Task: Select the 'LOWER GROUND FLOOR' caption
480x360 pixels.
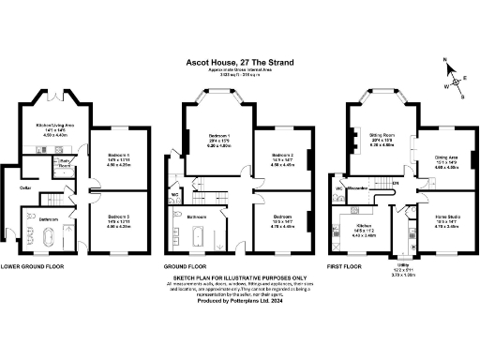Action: click(x=34, y=266)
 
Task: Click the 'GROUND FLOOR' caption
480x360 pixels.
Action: click(x=187, y=266)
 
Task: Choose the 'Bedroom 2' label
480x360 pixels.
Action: click(x=283, y=156)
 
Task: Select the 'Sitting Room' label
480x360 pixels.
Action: click(x=382, y=137)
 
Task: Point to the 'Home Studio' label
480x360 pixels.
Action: click(x=446, y=217)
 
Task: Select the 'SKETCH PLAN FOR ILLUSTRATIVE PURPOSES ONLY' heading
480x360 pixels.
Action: click(x=239, y=278)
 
